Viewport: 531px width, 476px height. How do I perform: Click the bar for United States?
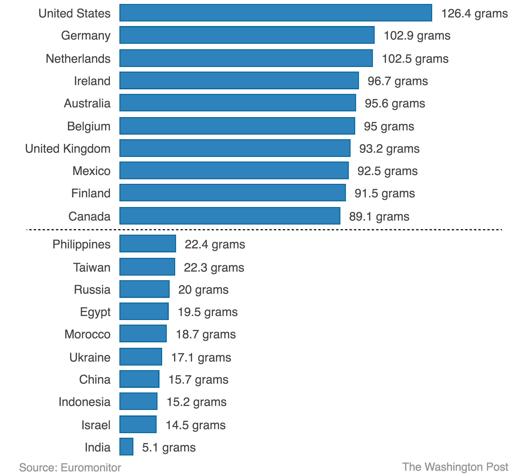[x=275, y=13]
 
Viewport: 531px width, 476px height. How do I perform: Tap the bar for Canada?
[x=230, y=216]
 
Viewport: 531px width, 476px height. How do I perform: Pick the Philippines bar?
[x=148, y=244]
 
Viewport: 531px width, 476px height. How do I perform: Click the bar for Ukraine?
[x=140, y=356]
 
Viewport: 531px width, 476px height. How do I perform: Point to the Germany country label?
[x=86, y=35]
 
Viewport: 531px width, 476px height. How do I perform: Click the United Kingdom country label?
[x=68, y=149]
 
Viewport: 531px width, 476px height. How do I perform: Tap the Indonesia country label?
[x=84, y=402]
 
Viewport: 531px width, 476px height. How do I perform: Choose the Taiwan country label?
[x=92, y=267]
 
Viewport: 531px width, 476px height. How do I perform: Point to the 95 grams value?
[x=389, y=126]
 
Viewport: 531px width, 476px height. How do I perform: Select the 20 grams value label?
[x=203, y=289]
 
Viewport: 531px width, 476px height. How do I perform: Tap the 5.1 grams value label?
[x=169, y=447]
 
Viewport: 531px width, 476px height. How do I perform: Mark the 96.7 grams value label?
[x=397, y=81]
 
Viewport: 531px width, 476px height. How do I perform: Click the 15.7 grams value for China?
[x=198, y=379]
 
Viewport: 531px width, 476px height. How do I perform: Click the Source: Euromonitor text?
[x=70, y=467]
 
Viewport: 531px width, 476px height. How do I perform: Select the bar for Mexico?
[x=234, y=170]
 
